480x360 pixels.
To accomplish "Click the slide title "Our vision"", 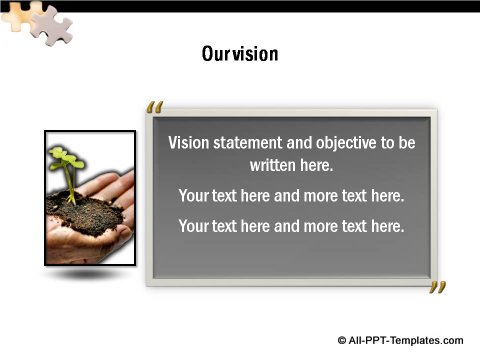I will coord(240,53).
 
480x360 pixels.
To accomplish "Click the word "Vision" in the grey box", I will coord(187,143).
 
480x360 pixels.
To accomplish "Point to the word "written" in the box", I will coord(272,165).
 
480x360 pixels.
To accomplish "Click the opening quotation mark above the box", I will coord(154,107).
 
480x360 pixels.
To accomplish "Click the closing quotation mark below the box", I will coord(437,290).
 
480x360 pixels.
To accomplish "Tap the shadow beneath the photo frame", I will coord(89,273).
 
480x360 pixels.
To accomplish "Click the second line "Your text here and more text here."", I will coord(291,196).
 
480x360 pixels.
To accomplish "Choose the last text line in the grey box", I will coord(291,226).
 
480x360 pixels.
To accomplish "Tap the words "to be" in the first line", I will coord(399,143).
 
